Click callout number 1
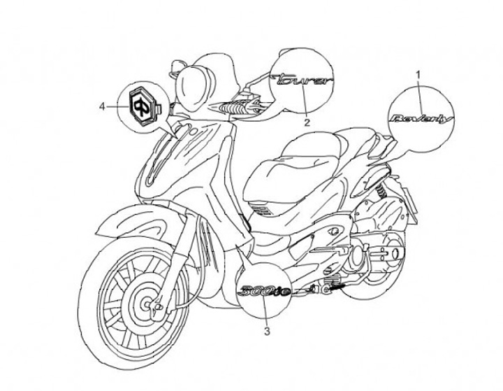[418, 73]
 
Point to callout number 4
[103, 106]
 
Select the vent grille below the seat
[262, 210]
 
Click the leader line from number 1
[419, 91]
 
